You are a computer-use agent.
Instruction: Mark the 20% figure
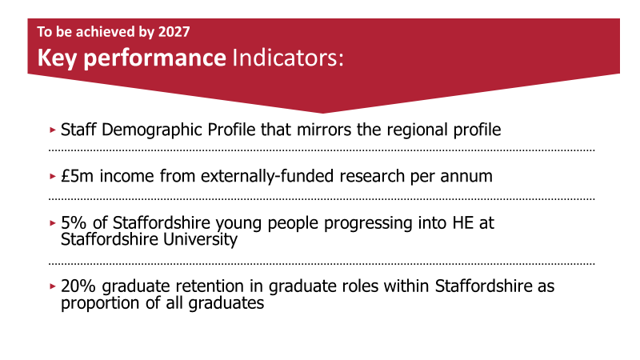[x=78, y=286]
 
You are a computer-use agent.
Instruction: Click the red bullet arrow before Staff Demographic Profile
[x=53, y=129]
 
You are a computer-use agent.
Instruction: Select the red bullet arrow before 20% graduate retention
[x=53, y=286]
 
